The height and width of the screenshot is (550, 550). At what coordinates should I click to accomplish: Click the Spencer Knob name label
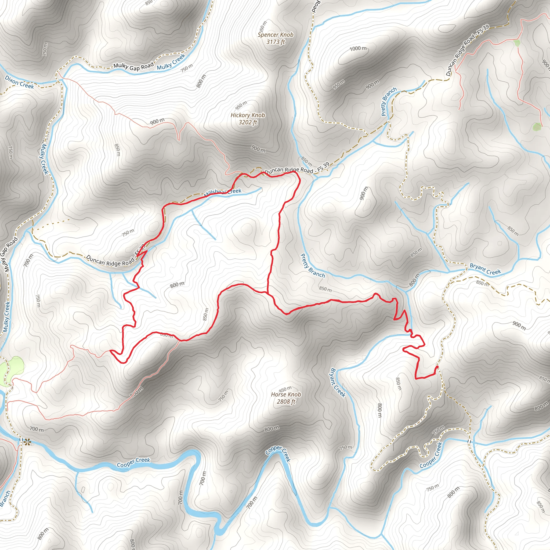click(275, 35)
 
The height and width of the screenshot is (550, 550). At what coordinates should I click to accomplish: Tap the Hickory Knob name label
click(248, 115)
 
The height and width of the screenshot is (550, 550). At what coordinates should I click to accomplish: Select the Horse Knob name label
click(286, 394)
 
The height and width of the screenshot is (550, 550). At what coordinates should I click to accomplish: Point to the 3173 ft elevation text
click(275, 42)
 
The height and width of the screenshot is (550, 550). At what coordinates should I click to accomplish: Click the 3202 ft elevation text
click(248, 122)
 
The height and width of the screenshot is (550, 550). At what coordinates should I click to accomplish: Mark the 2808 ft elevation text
click(286, 402)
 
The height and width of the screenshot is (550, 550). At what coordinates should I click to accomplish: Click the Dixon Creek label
click(19, 82)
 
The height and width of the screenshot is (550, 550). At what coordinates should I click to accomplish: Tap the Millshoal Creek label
click(223, 193)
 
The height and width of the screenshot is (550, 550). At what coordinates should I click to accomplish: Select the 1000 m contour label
click(358, 48)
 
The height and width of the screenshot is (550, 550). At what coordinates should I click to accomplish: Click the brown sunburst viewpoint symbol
click(27, 442)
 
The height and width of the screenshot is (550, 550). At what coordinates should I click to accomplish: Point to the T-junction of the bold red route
click(268, 293)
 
